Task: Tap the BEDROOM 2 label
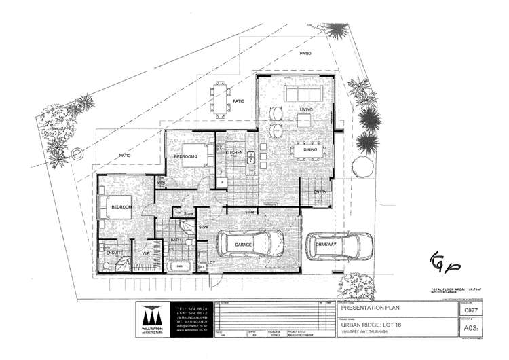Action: pos(185,156)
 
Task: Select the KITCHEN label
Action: pos(234,154)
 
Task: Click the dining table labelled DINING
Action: pos(308,149)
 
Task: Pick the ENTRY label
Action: pos(320,192)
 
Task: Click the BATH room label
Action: pos(175,240)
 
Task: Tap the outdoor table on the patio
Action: pos(221,101)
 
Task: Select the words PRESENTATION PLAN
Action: pos(366,307)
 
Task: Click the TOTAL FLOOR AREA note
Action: pos(461,290)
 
